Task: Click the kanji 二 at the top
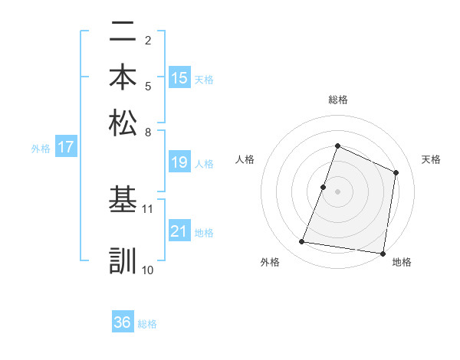[123, 32]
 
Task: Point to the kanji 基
[123, 200]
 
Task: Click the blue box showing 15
[179, 78]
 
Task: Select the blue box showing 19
[179, 162]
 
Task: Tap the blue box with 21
[179, 231]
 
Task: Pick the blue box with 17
[65, 148]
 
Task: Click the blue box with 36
[123, 322]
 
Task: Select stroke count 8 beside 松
[148, 131]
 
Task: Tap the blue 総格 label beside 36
[147, 324]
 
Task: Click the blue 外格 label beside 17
[41, 149]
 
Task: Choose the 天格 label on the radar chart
[431, 159]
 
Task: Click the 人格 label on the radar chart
[245, 159]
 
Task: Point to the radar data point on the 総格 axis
[337, 146]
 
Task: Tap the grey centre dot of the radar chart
[337, 191]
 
